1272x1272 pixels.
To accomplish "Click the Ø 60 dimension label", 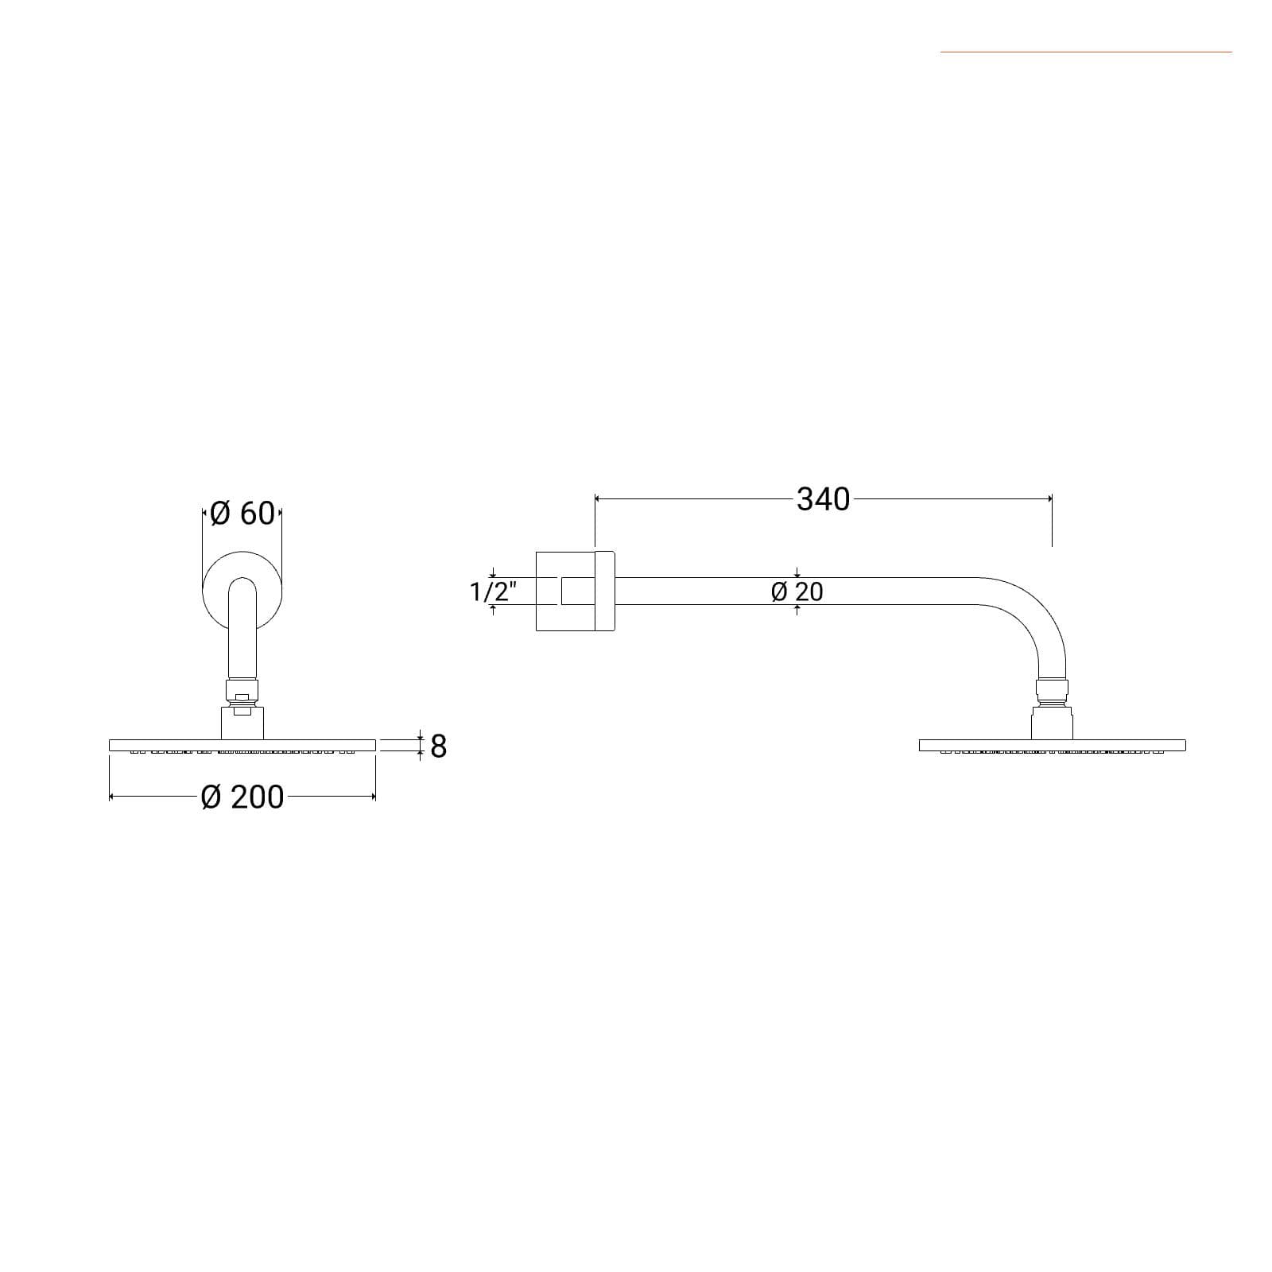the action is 242,514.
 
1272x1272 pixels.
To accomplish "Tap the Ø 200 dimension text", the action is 242,797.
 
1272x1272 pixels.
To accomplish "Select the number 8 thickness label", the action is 438,747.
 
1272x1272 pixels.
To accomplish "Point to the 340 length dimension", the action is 824,499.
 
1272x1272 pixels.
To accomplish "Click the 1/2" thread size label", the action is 493,591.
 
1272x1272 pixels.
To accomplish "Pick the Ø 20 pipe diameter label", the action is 797,591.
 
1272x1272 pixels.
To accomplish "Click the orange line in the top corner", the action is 1086,52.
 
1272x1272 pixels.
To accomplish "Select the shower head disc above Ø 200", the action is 242,745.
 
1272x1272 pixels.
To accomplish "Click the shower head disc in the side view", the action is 1052,745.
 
